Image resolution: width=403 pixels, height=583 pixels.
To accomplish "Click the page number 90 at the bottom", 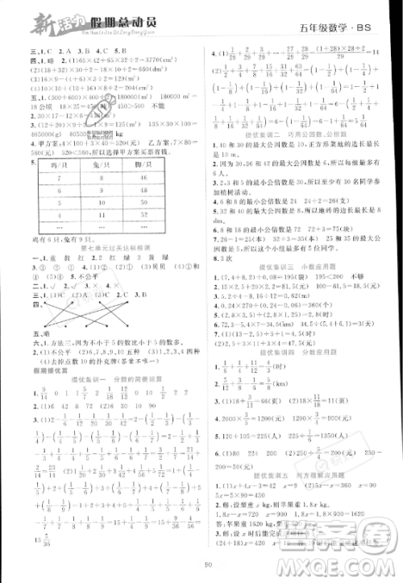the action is (207, 573).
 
